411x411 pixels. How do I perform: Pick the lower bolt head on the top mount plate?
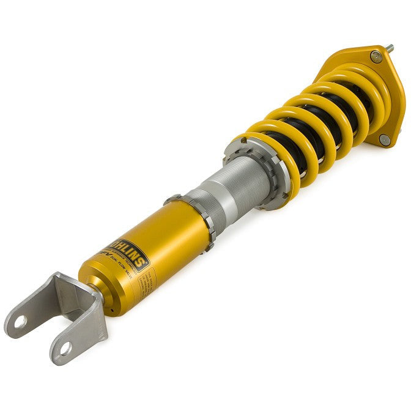(383, 139)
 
